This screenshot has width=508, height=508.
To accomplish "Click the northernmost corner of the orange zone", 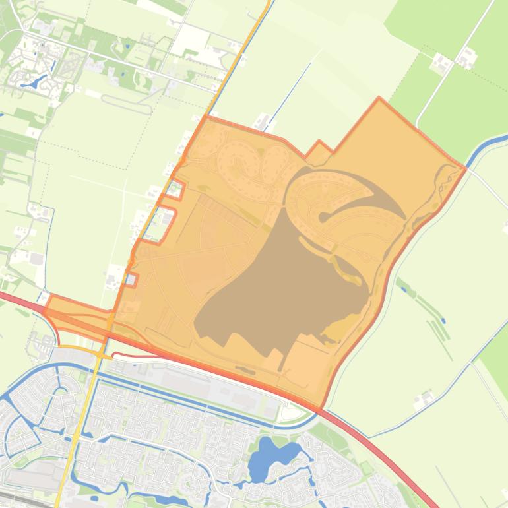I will (379, 98).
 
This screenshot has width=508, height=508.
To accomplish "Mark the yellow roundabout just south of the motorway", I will (100, 354).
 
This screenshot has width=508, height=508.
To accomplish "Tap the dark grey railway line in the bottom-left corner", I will (23, 499).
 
